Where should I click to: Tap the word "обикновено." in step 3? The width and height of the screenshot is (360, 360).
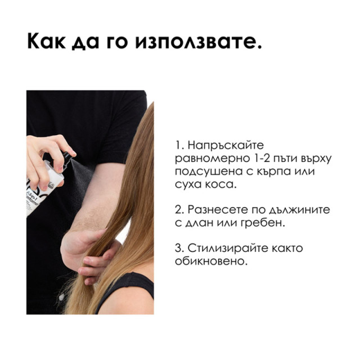pyautogui.click(x=211, y=261)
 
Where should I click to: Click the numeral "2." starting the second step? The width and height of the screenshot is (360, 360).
pyautogui.click(x=178, y=209)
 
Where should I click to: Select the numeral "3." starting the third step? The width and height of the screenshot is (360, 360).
pyautogui.click(x=178, y=248)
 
